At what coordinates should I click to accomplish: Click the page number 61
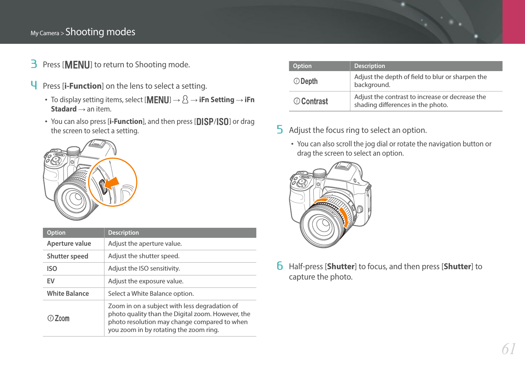tap(509, 349)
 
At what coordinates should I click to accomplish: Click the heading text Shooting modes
tap(100, 32)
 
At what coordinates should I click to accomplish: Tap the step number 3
tap(34, 64)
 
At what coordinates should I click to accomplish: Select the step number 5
tap(280, 130)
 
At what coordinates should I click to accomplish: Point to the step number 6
tap(280, 266)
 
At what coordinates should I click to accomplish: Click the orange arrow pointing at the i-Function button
tap(112, 183)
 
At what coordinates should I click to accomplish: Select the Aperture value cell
tap(69, 244)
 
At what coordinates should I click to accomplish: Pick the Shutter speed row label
tap(67, 256)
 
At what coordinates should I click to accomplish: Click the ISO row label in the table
tap(52, 269)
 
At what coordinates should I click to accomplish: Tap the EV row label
tap(51, 281)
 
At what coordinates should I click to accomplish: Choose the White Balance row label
tap(68, 293)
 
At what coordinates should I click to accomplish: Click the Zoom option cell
tap(59, 318)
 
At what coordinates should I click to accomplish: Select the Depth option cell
tap(306, 81)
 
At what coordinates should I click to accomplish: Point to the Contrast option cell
tap(311, 101)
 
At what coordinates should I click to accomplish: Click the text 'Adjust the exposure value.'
tap(146, 281)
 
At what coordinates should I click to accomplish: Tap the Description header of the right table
tap(369, 66)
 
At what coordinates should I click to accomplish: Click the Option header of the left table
tap(56, 233)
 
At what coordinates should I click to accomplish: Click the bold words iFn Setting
tap(217, 100)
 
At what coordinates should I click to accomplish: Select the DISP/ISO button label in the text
tap(212, 121)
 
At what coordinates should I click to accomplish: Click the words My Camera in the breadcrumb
tap(45, 33)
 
